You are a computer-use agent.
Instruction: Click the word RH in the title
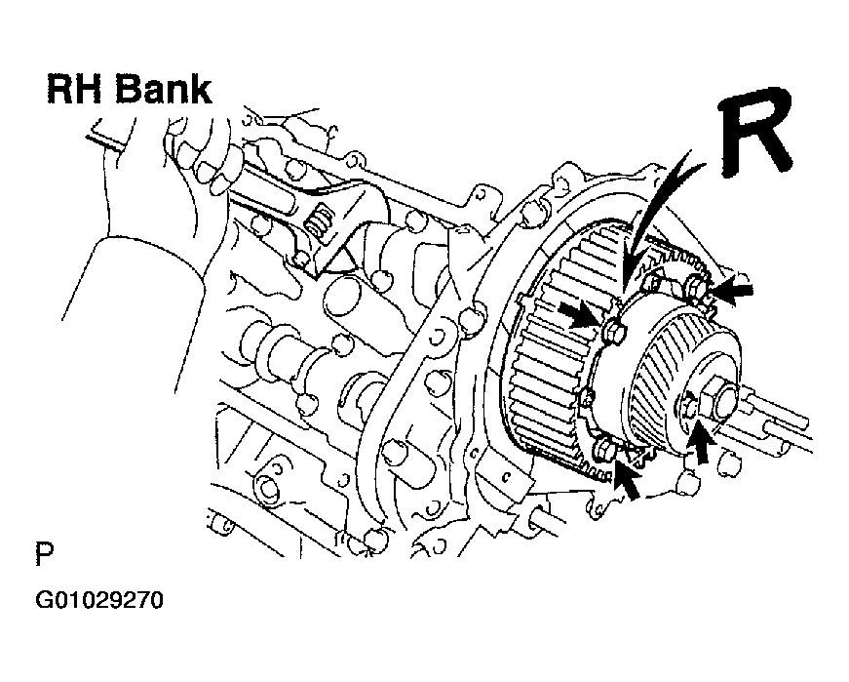(x=75, y=90)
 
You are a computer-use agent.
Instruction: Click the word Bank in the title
(x=164, y=90)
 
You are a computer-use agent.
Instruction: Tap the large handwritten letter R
(x=758, y=133)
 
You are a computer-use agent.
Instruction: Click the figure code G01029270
(x=99, y=601)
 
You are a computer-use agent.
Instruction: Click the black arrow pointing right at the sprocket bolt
(x=580, y=315)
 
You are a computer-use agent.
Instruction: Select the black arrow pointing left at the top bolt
(x=731, y=290)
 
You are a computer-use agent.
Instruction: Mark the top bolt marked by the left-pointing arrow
(x=695, y=285)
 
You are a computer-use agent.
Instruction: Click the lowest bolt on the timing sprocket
(x=604, y=450)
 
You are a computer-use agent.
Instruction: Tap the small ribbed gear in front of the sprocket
(x=676, y=380)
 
